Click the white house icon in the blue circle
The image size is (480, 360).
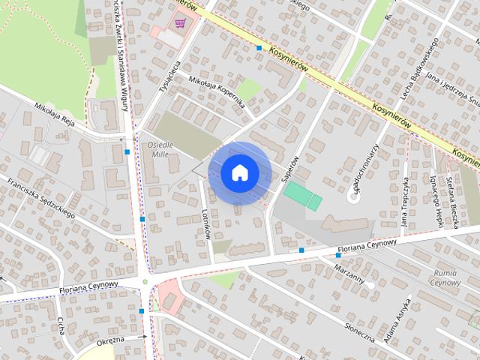click(239, 173)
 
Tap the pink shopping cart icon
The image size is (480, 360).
click(180, 24)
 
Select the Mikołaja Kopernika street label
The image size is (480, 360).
click(217, 92)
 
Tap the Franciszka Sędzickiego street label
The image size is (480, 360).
click(40, 196)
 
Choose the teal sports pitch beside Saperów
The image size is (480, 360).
click(303, 196)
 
